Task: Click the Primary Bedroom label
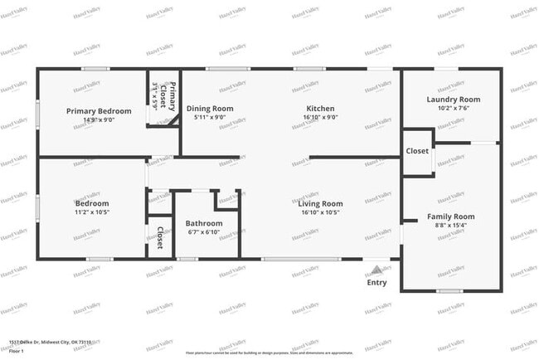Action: point(100,111)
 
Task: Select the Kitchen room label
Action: point(320,109)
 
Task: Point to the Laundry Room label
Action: point(454,100)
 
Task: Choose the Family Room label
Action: point(451,216)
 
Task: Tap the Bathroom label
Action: point(204,223)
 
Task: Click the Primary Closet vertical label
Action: point(163,96)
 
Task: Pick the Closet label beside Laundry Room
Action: point(417,151)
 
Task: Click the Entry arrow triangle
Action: point(376,269)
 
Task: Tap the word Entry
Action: point(376,283)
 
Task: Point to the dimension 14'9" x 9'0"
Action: point(100,119)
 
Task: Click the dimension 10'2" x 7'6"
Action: point(454,108)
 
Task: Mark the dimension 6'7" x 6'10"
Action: point(204,231)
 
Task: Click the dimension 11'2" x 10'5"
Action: point(91,212)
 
